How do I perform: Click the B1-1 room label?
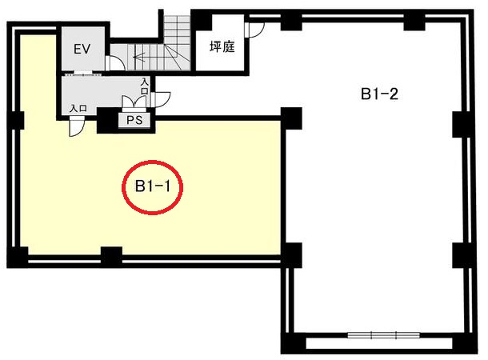pos(153,186)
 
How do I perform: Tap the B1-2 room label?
pos(379,94)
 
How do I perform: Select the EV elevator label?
pos(82,49)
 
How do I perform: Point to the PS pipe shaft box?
pos(134,120)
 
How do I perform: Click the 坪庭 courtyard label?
pos(222,47)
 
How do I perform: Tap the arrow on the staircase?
pos(146,57)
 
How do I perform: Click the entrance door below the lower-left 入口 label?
pos(77,126)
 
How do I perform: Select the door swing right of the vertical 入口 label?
pos(161,99)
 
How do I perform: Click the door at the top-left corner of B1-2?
pos(254,30)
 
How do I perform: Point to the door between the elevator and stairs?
pos(114,62)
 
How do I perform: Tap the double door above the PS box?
pos(134,102)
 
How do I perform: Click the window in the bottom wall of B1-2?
pos(383,335)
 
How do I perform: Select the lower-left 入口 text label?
pos(78,109)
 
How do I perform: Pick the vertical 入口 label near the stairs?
pos(145,86)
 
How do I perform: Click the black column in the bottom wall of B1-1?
pos(111,256)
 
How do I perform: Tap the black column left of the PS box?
pos(108,120)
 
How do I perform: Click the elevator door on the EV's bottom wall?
pos(82,74)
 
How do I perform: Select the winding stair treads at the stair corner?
pos(177,57)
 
